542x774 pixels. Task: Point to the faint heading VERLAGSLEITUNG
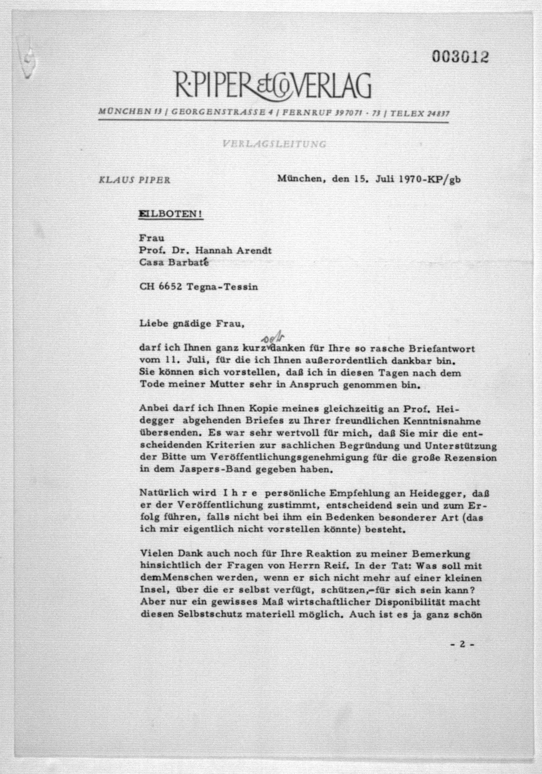coord(274,144)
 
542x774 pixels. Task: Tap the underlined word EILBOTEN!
coord(171,214)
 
